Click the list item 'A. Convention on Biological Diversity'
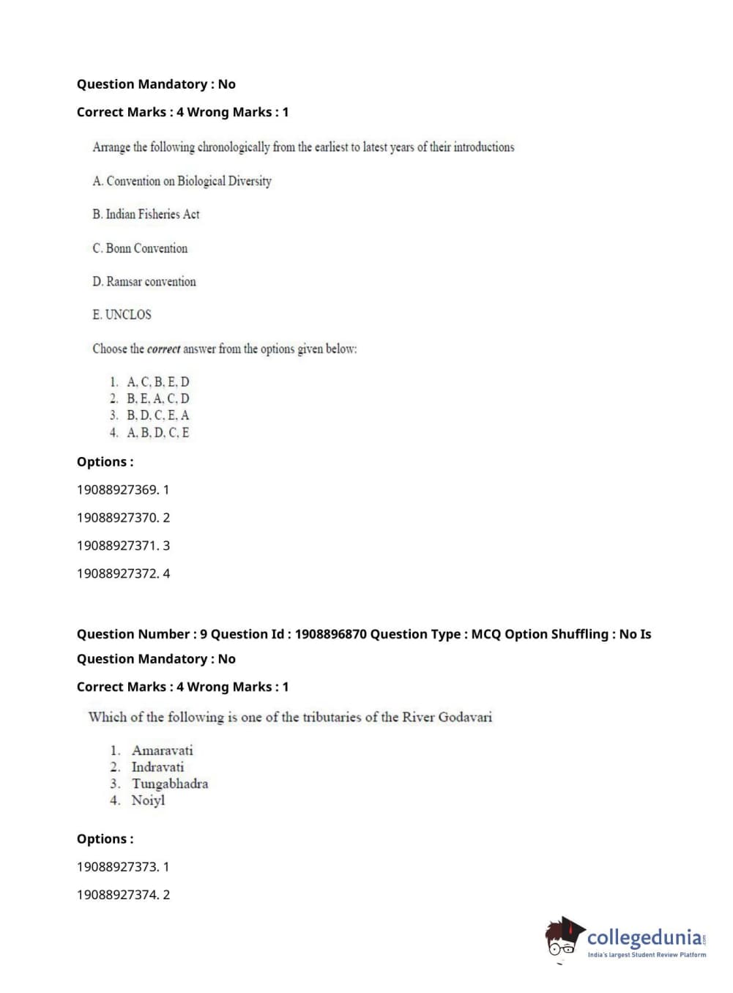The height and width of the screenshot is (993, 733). [182, 181]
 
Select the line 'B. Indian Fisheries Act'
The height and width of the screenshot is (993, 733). [146, 215]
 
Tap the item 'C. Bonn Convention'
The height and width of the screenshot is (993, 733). [140, 248]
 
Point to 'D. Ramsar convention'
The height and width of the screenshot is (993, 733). [144, 282]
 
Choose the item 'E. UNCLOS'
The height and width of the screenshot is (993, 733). [122, 315]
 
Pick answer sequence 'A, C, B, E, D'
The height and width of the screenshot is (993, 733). [157, 382]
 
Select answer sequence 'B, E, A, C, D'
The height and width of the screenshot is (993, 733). [157, 398]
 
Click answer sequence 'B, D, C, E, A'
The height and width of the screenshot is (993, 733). [157, 415]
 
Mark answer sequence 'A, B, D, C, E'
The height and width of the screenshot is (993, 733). [157, 433]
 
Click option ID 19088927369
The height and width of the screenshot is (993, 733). [117, 490]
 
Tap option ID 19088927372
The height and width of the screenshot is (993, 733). [117, 573]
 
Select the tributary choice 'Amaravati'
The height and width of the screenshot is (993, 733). [162, 750]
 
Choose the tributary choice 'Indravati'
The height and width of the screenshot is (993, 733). [157, 767]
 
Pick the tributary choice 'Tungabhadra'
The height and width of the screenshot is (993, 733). [169, 784]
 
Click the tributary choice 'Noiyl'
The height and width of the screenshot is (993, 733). [148, 800]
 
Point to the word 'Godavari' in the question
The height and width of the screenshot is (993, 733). [465, 717]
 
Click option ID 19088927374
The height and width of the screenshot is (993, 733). [117, 895]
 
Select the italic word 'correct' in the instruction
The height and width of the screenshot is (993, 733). [163, 349]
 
